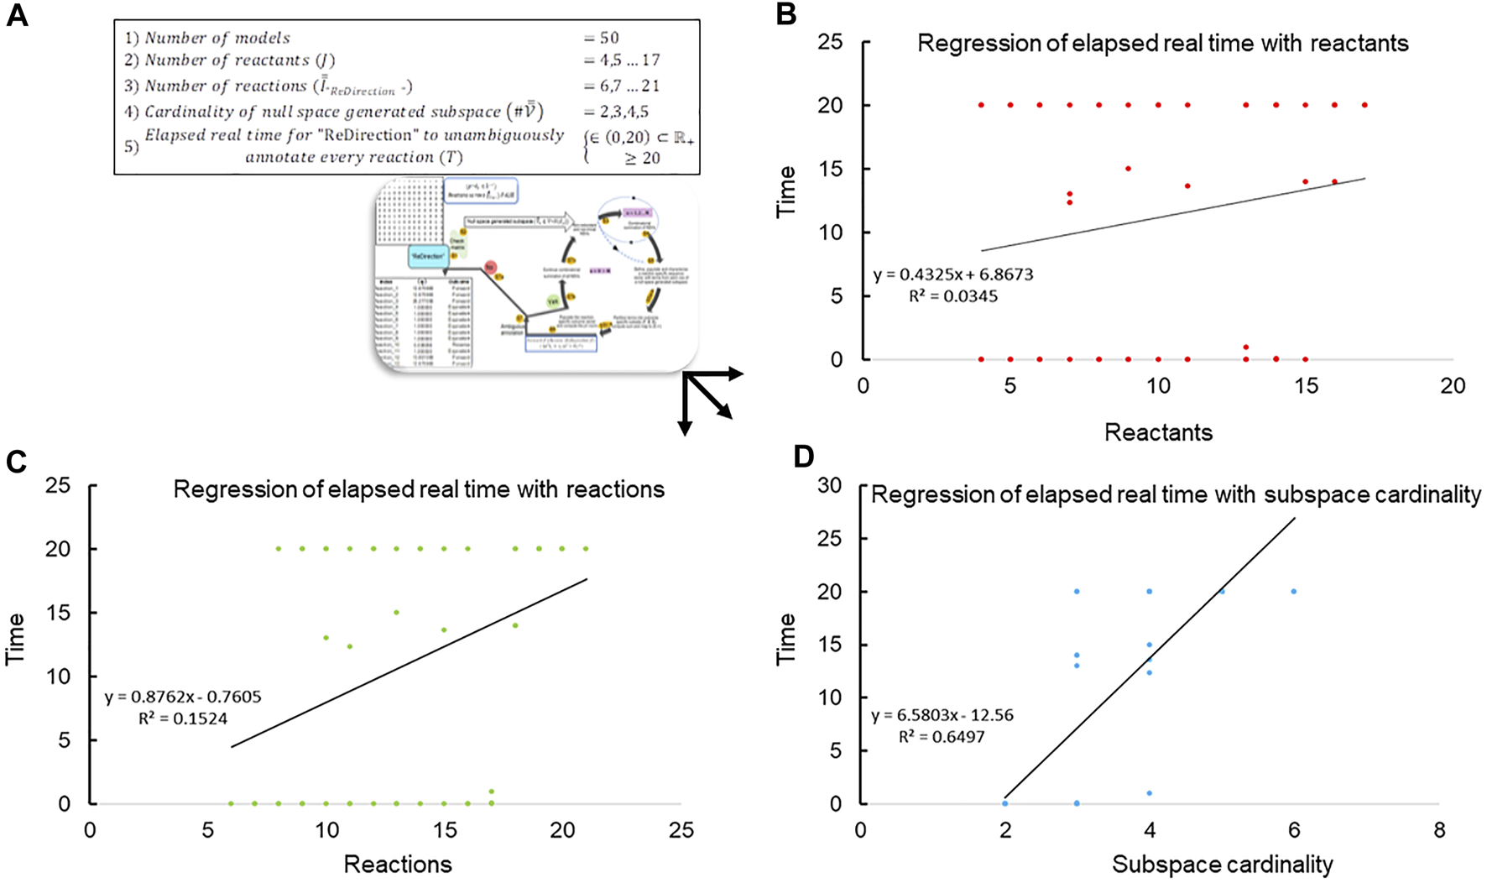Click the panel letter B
785,14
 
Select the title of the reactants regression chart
1162,44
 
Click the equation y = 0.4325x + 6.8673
952,274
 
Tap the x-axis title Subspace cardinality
1222,864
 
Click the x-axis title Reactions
398,864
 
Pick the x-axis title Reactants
1158,432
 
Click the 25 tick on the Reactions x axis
681,830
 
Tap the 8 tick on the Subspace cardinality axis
1439,830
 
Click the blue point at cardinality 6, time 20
1294,592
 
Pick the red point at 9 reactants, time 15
1129,169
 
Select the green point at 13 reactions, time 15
396,613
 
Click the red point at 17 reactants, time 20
1364,105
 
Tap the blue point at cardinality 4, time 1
1150,793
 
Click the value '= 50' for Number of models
601,38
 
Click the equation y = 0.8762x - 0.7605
183,697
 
